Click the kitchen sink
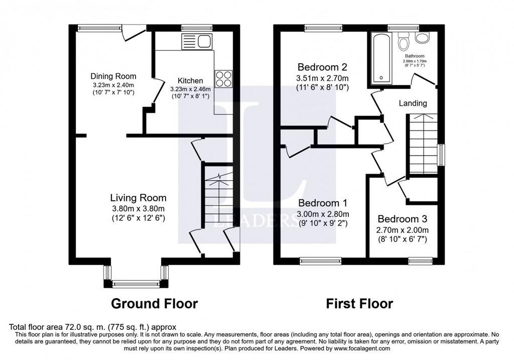(x=197, y=42)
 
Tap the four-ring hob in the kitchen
(x=223, y=79)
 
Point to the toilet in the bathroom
(x=404, y=41)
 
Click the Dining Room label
(x=113, y=76)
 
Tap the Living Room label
(x=139, y=198)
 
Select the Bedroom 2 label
(x=322, y=67)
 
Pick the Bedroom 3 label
(x=402, y=219)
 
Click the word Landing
(x=413, y=103)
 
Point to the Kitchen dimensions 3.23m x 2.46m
(x=190, y=89)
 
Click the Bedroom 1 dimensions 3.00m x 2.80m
(x=323, y=214)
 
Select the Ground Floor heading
(x=155, y=304)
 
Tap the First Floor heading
(x=359, y=304)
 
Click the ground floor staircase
(x=219, y=200)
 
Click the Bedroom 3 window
(x=421, y=261)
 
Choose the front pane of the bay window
(x=136, y=284)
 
